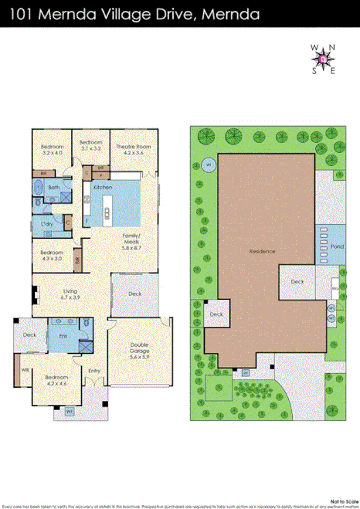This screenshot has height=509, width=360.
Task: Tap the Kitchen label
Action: [x=103, y=188]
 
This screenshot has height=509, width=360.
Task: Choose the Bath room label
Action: [x=53, y=188]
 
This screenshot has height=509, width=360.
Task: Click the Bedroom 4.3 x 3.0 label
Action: [x=52, y=255]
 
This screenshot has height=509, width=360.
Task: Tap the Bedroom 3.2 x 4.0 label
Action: [x=52, y=149]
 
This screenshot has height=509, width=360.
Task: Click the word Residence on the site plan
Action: [x=262, y=252]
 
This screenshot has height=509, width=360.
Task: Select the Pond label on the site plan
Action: [x=337, y=246]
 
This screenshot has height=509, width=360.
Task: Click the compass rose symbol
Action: [x=323, y=58]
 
